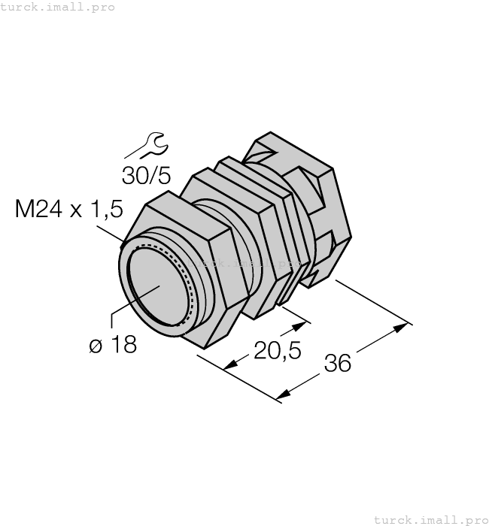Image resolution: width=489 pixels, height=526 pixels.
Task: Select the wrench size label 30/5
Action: (147, 175)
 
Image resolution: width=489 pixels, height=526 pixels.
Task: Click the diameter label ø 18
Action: (113, 346)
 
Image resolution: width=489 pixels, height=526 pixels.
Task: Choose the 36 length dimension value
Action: (338, 363)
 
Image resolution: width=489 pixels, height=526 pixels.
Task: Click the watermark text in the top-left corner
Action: (58, 7)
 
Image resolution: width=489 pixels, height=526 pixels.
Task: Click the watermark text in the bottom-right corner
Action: (430, 519)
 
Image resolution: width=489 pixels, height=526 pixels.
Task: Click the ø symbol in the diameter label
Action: (96, 346)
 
